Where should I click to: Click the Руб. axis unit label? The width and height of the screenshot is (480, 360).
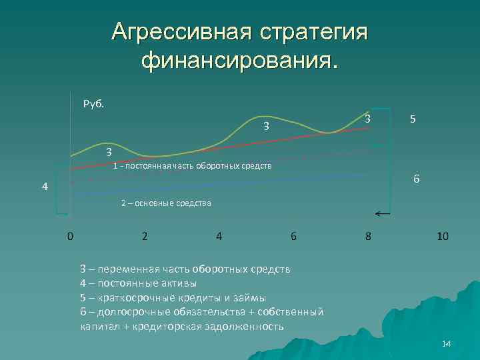93,103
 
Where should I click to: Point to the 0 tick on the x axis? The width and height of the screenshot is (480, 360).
70,236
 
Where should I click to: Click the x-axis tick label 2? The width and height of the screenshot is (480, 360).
145,236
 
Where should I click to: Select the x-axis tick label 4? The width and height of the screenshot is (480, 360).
219,236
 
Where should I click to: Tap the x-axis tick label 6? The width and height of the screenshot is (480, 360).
293,236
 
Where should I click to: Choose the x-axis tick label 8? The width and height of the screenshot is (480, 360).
368,236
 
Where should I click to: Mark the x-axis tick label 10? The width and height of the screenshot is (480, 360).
443,236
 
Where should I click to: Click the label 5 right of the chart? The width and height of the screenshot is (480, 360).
413,119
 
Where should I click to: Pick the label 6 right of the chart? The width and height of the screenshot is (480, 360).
416,180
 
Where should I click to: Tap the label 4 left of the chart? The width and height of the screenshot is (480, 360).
44,187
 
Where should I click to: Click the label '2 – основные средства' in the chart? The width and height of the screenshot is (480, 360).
166,203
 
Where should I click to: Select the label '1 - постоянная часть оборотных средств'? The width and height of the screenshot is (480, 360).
192,165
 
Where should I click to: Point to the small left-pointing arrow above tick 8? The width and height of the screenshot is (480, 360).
383,214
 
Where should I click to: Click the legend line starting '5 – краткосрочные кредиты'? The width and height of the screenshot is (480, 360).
173,297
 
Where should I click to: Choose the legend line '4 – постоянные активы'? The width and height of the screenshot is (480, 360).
138,283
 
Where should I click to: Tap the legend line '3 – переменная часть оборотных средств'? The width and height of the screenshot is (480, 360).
185,269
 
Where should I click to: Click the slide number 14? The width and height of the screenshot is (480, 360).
446,343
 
